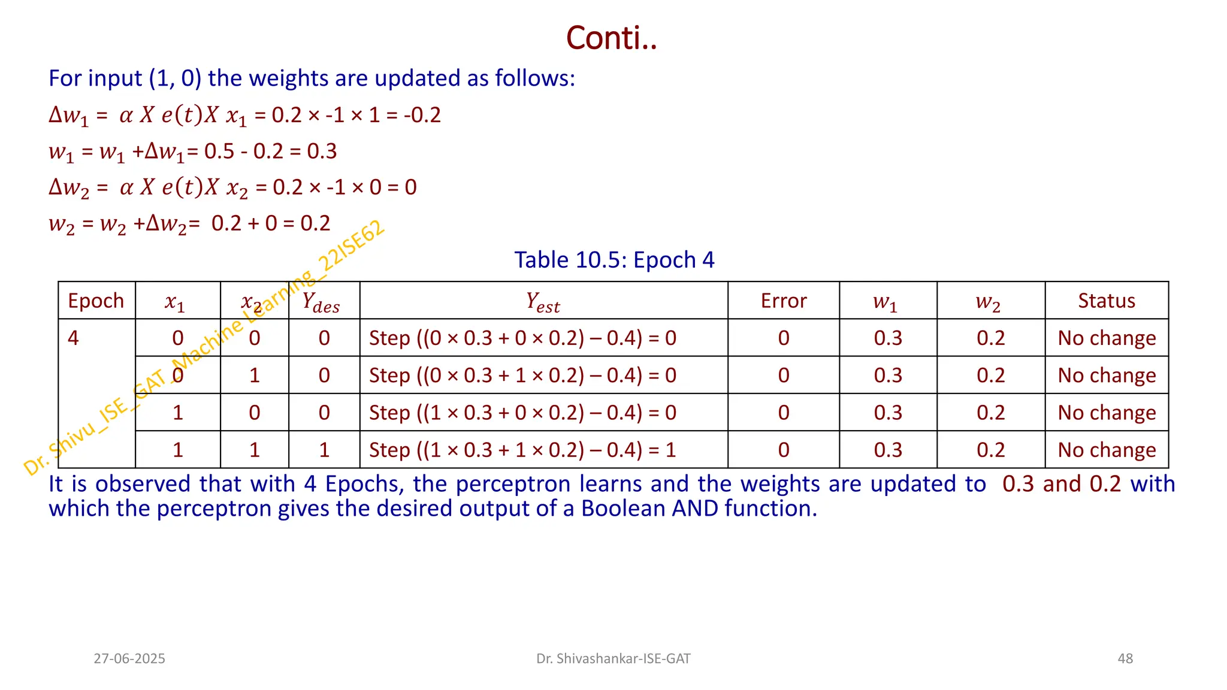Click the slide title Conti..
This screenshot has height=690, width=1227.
pyautogui.click(x=611, y=38)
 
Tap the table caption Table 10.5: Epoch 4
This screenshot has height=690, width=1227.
pyautogui.click(x=614, y=260)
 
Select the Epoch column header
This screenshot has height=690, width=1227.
pyautogui.click(x=96, y=301)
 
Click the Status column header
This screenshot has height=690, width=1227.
pyautogui.click(x=1106, y=301)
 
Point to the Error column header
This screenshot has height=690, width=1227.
pyautogui.click(x=783, y=301)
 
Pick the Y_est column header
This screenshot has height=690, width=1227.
pyautogui.click(x=543, y=301)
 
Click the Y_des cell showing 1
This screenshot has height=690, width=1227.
pyautogui.click(x=324, y=450)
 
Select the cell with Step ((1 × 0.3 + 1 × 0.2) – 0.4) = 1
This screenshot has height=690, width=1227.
pyautogui.click(x=522, y=450)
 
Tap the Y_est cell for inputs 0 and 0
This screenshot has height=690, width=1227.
pyautogui.click(x=522, y=338)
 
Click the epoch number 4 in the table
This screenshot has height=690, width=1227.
pyautogui.click(x=73, y=338)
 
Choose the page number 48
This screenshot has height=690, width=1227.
pyautogui.click(x=1125, y=659)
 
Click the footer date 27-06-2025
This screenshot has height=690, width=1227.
pyautogui.click(x=129, y=659)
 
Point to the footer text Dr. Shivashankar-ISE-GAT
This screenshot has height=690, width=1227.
pyautogui.click(x=613, y=659)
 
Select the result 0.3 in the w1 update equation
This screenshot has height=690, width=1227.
pyautogui.click(x=322, y=152)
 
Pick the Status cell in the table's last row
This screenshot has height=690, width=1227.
pyautogui.click(x=1106, y=450)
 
